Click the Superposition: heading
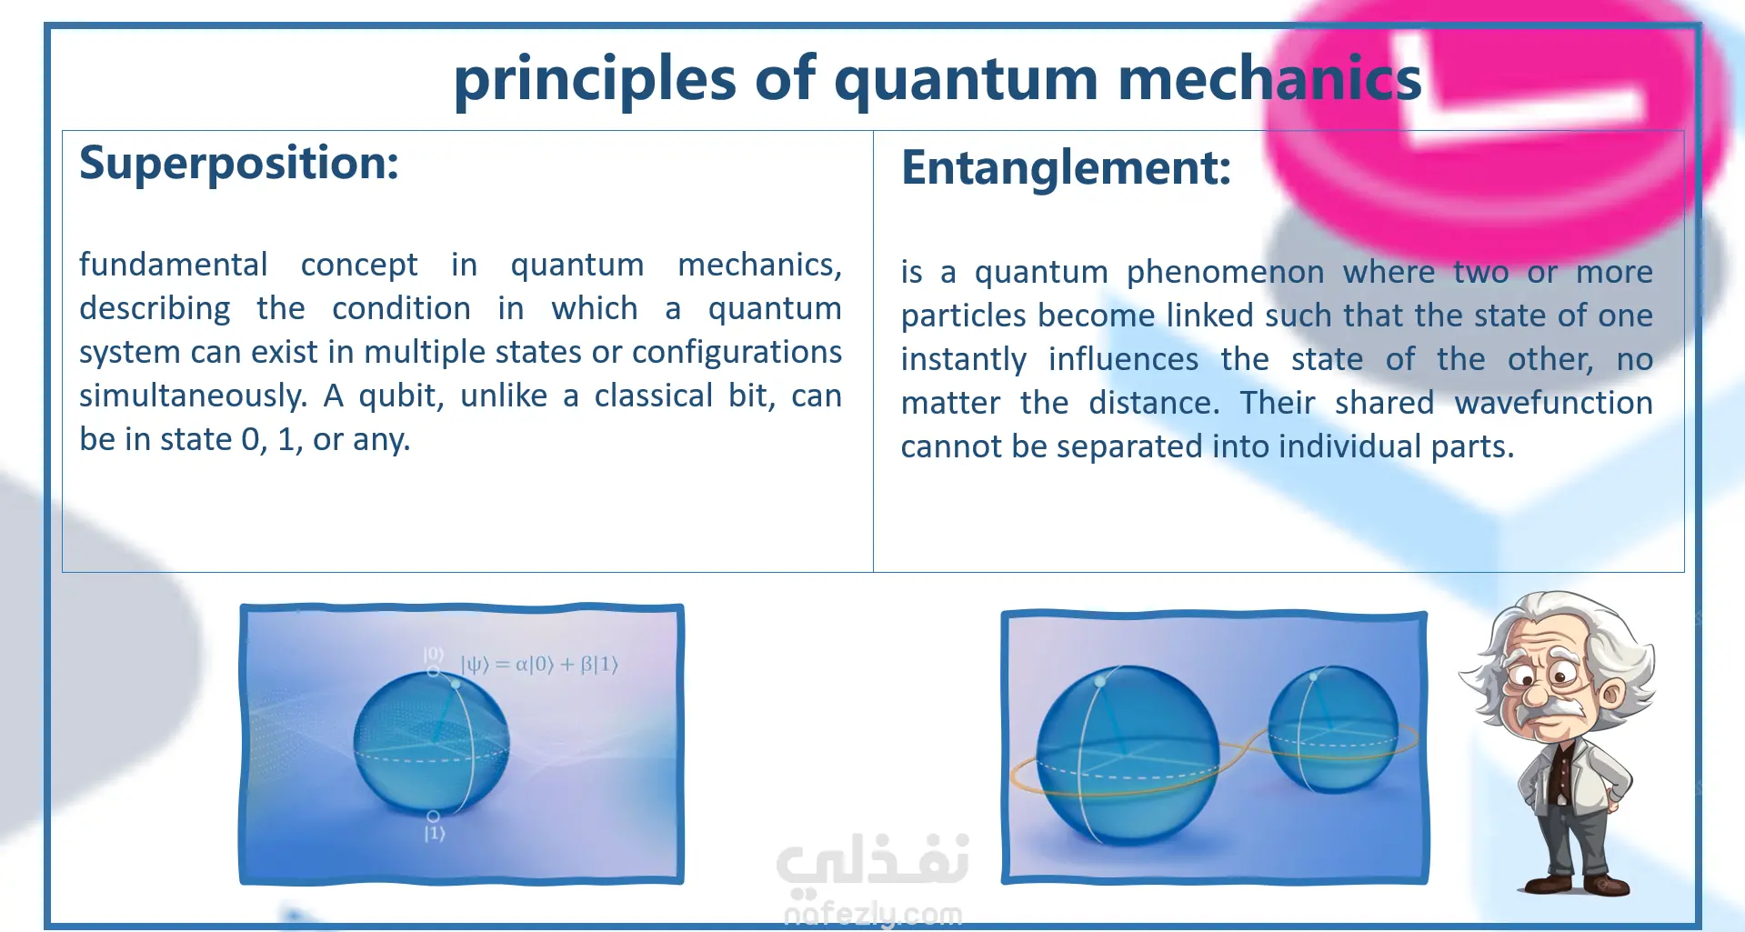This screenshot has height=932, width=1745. tap(239, 165)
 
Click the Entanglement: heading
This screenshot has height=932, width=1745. tap(1066, 169)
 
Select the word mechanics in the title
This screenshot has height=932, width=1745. tap(1269, 78)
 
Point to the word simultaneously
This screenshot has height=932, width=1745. tap(193, 397)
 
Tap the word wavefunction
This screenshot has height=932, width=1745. tap(1553, 403)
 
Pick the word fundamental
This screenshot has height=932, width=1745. tap(173, 265)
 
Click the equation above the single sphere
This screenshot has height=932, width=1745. tap(539, 665)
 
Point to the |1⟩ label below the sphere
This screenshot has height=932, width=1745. tap(435, 833)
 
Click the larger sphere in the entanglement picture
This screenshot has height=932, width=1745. tap(1128, 755)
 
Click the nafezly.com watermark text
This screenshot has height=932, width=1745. tap(873, 913)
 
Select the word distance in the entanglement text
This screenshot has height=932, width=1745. tap(1154, 403)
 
